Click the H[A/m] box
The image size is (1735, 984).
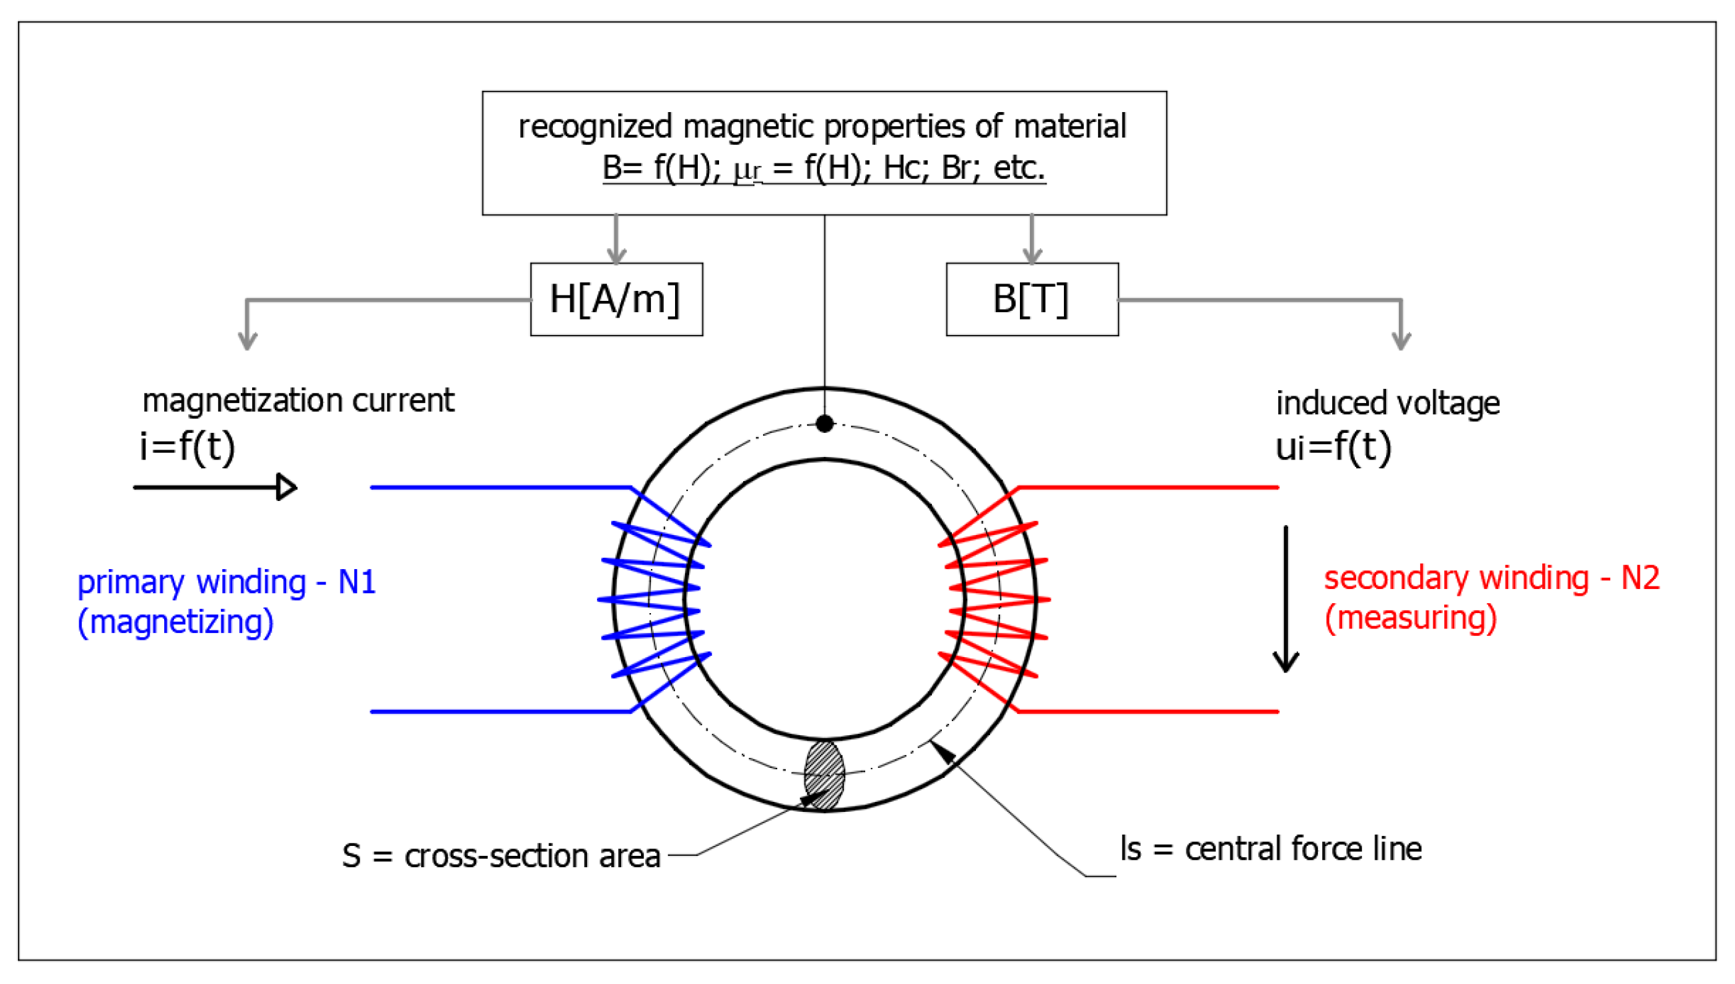pos(616,299)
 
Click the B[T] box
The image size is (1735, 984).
pos(1031,299)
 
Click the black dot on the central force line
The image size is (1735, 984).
pos(824,424)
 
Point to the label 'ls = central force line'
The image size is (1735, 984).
pos(1270,849)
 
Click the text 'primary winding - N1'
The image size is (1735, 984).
pos(226,581)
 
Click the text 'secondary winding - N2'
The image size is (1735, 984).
pos(1491,578)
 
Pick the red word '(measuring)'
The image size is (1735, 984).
pos(1410,618)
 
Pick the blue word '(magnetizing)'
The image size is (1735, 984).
pos(175,622)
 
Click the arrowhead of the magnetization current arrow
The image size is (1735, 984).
pos(287,486)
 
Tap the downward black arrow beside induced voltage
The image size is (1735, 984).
pos(1285,598)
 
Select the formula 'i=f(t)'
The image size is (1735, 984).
pos(187,447)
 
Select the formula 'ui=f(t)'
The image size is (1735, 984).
pos(1332,447)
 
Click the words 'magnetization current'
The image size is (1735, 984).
pos(298,400)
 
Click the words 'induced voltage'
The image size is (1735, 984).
pos(1387,403)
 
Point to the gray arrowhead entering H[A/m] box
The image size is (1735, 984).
pos(616,256)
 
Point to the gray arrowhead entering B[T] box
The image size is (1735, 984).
pos(1031,256)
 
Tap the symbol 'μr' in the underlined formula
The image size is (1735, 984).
pos(747,169)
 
